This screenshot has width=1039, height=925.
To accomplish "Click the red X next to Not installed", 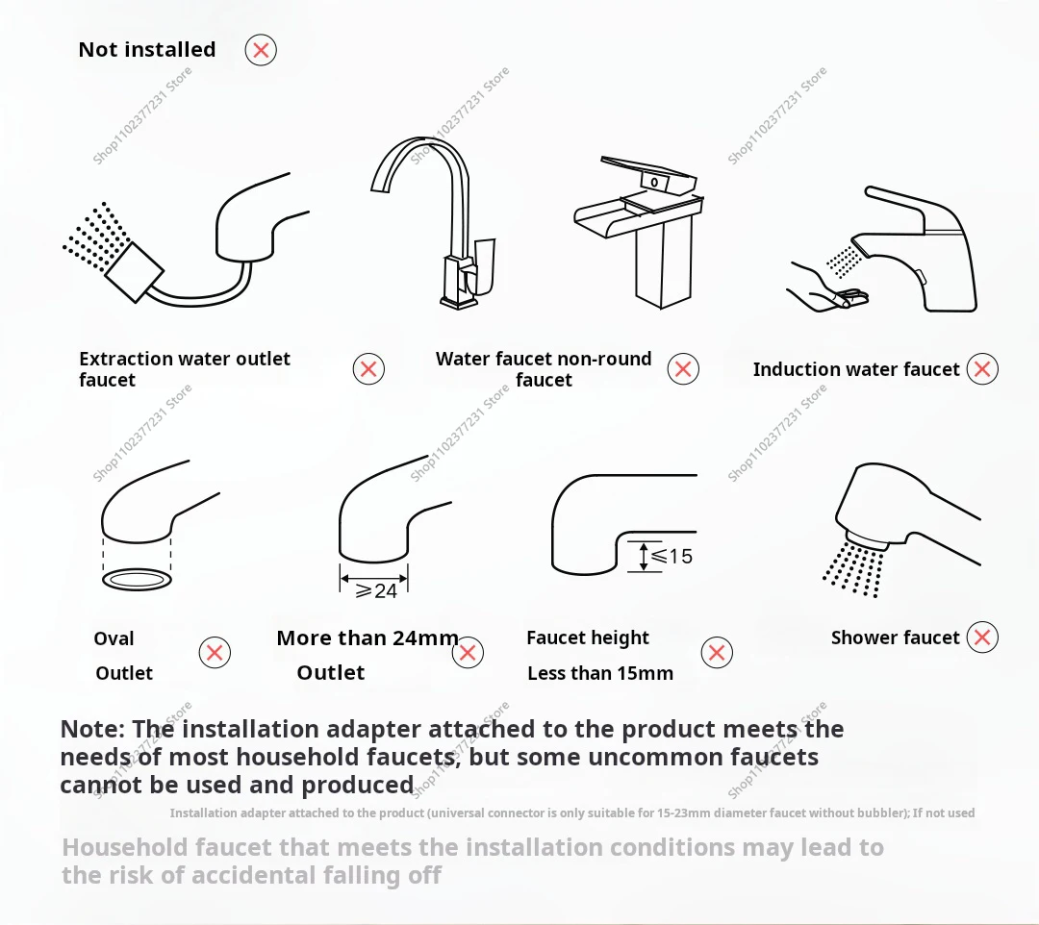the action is (x=261, y=50).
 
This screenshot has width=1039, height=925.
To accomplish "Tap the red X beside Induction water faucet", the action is (x=982, y=369).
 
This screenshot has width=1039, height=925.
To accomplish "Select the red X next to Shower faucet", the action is (x=982, y=637).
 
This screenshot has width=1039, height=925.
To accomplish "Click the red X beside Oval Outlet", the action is (x=215, y=653).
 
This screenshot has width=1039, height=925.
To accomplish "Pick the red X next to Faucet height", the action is (x=717, y=653).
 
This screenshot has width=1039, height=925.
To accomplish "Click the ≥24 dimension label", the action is (x=376, y=590).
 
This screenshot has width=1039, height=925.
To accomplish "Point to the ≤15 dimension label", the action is (x=672, y=556).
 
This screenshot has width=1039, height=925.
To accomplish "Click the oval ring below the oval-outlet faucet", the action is (x=138, y=580).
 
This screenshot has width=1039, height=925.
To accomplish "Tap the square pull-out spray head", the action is (x=134, y=272).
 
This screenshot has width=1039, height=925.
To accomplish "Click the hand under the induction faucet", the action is (x=826, y=289).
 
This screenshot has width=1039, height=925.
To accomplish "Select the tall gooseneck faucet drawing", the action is (x=438, y=222).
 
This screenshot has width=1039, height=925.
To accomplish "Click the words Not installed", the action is (x=147, y=50).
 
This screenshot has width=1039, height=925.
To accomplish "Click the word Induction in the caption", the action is (x=796, y=369).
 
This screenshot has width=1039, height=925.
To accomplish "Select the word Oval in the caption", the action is (x=114, y=639).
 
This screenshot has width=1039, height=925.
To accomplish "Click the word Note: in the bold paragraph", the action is (x=92, y=729).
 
